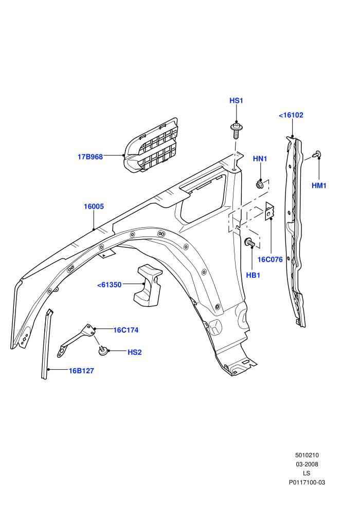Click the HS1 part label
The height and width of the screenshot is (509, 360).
point(237,101)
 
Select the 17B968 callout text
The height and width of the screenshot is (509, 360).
point(90,157)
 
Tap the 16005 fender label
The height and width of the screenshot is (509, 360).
point(94,207)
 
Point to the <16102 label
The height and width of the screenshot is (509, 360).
point(291,115)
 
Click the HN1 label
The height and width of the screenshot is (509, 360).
point(260,159)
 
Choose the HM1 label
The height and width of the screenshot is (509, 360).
point(319,186)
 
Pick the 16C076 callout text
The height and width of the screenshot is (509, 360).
point(270,260)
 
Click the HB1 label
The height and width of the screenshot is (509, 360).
point(253,275)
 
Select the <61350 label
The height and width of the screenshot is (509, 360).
point(110,285)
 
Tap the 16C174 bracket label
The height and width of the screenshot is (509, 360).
point(126,330)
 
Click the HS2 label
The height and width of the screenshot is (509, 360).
point(135,352)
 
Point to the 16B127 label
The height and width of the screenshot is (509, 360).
point(81,371)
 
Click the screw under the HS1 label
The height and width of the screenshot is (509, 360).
point(237,130)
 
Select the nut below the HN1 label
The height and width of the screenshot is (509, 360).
point(260,185)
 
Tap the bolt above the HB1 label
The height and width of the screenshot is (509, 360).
point(249,242)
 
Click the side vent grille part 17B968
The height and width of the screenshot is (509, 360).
point(151,146)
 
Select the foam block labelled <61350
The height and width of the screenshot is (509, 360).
point(147,285)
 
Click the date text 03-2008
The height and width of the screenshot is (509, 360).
point(307,464)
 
